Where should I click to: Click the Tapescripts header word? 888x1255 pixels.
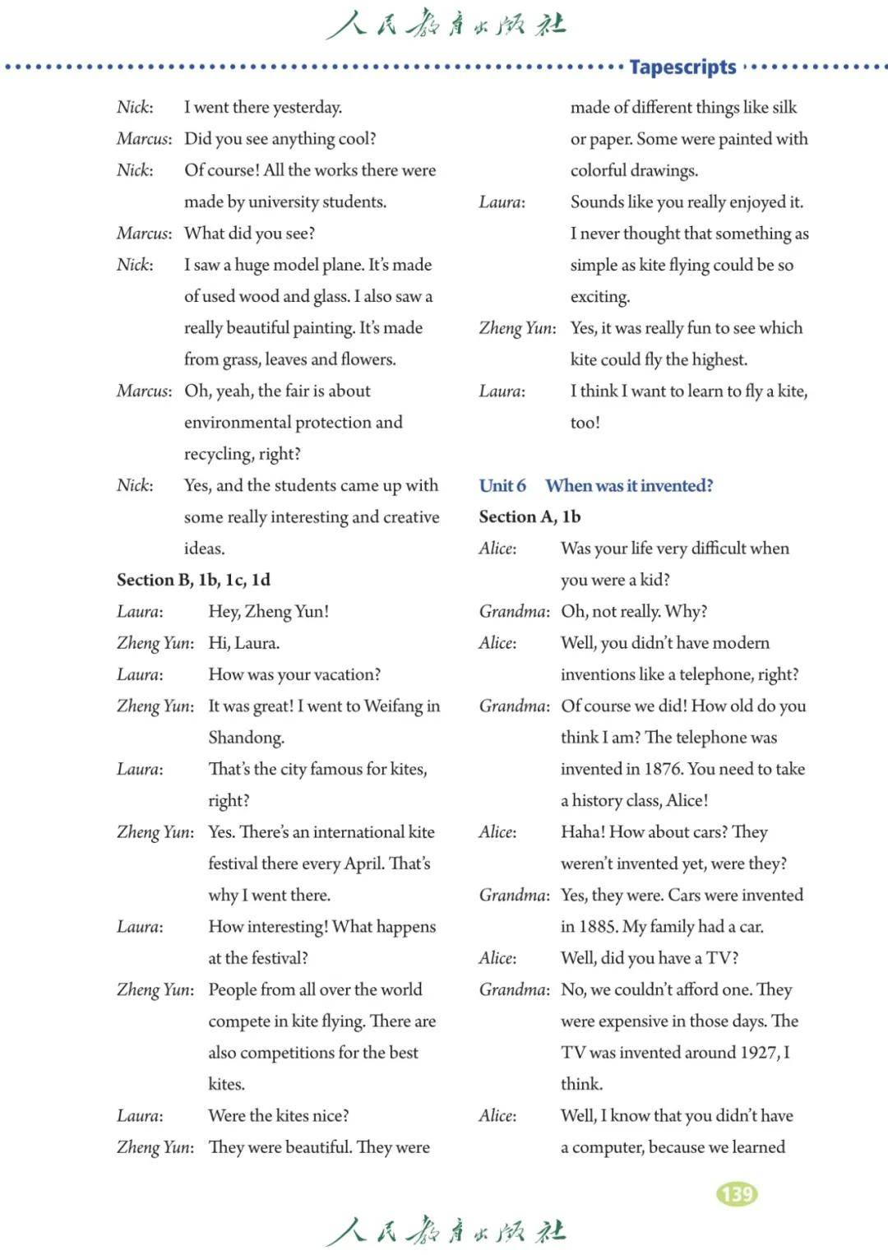(682, 67)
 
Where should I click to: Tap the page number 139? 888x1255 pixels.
(737, 1193)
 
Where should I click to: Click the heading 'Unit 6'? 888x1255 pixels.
(502, 485)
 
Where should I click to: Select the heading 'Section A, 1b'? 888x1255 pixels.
(530, 516)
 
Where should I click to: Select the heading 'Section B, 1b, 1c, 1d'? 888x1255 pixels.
(193, 580)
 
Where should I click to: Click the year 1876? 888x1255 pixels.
(663, 769)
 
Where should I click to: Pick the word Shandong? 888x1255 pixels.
(246, 738)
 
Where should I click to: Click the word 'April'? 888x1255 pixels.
(362, 864)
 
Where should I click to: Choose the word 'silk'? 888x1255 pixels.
(784, 108)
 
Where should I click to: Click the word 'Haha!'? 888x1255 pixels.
(582, 832)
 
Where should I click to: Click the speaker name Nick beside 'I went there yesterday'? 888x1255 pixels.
(134, 108)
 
